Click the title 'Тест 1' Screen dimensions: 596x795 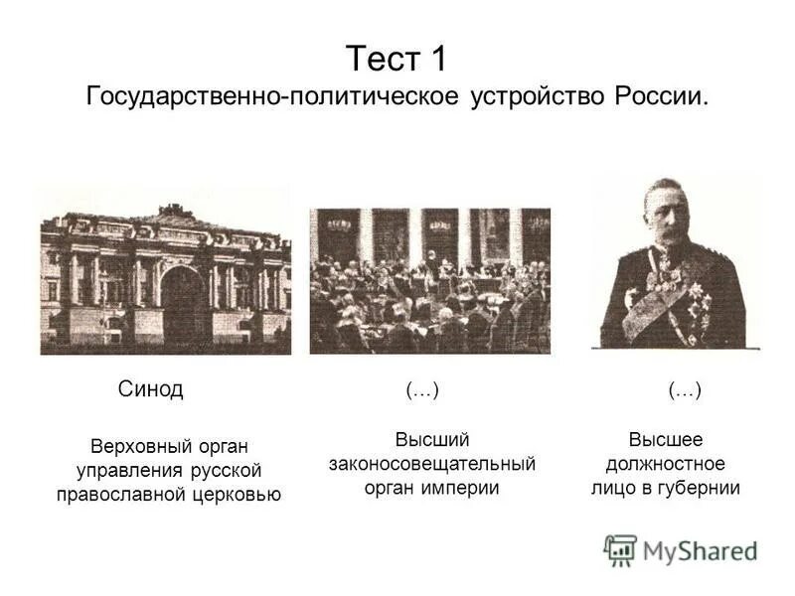[397, 58]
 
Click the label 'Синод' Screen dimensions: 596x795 [150, 388]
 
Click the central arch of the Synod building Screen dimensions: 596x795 [181, 302]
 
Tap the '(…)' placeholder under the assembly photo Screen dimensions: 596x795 [422, 391]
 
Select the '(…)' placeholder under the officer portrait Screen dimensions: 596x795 [685, 391]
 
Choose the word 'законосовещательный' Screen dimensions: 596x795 [432, 464]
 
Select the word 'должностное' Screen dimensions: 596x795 [665, 464]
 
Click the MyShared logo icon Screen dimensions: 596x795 [620, 550]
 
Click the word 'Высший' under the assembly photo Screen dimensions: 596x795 [432, 439]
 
